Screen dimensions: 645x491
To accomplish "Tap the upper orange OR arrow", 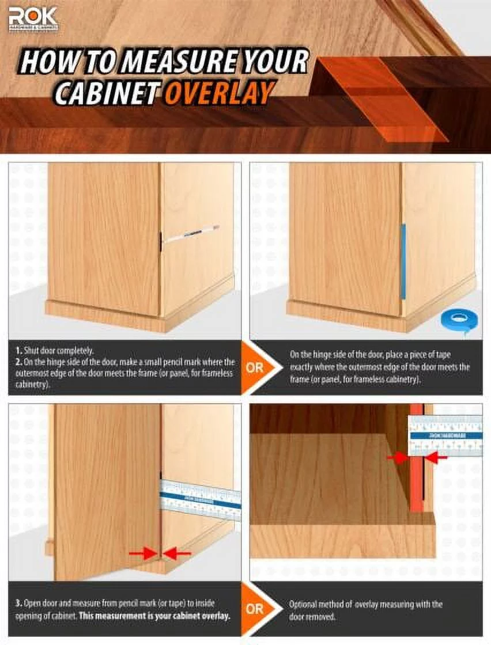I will [255, 367].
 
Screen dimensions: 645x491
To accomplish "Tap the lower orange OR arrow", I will [255, 609].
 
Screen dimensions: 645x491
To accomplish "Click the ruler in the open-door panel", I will [200, 499].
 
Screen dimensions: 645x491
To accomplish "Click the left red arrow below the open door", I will [142, 554].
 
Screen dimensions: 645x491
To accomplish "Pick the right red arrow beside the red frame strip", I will [436, 458].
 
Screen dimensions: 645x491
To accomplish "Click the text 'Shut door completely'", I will [54, 350].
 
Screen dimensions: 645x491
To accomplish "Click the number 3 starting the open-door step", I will [18, 604].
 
